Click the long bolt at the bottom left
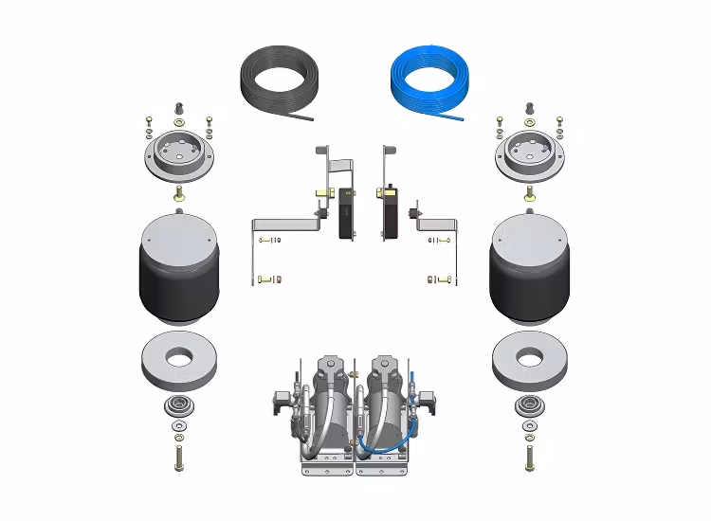[178, 458]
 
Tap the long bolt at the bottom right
[530, 458]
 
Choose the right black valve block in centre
[388, 213]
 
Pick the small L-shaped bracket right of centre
[438, 225]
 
